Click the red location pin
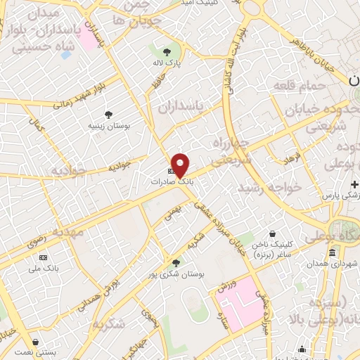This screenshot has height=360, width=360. [181, 165]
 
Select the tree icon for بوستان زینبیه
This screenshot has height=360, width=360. [108, 115]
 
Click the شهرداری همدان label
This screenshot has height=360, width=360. [326, 264]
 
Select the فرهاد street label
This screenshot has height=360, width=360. [292, 159]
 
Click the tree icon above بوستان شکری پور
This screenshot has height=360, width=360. [176, 263]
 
